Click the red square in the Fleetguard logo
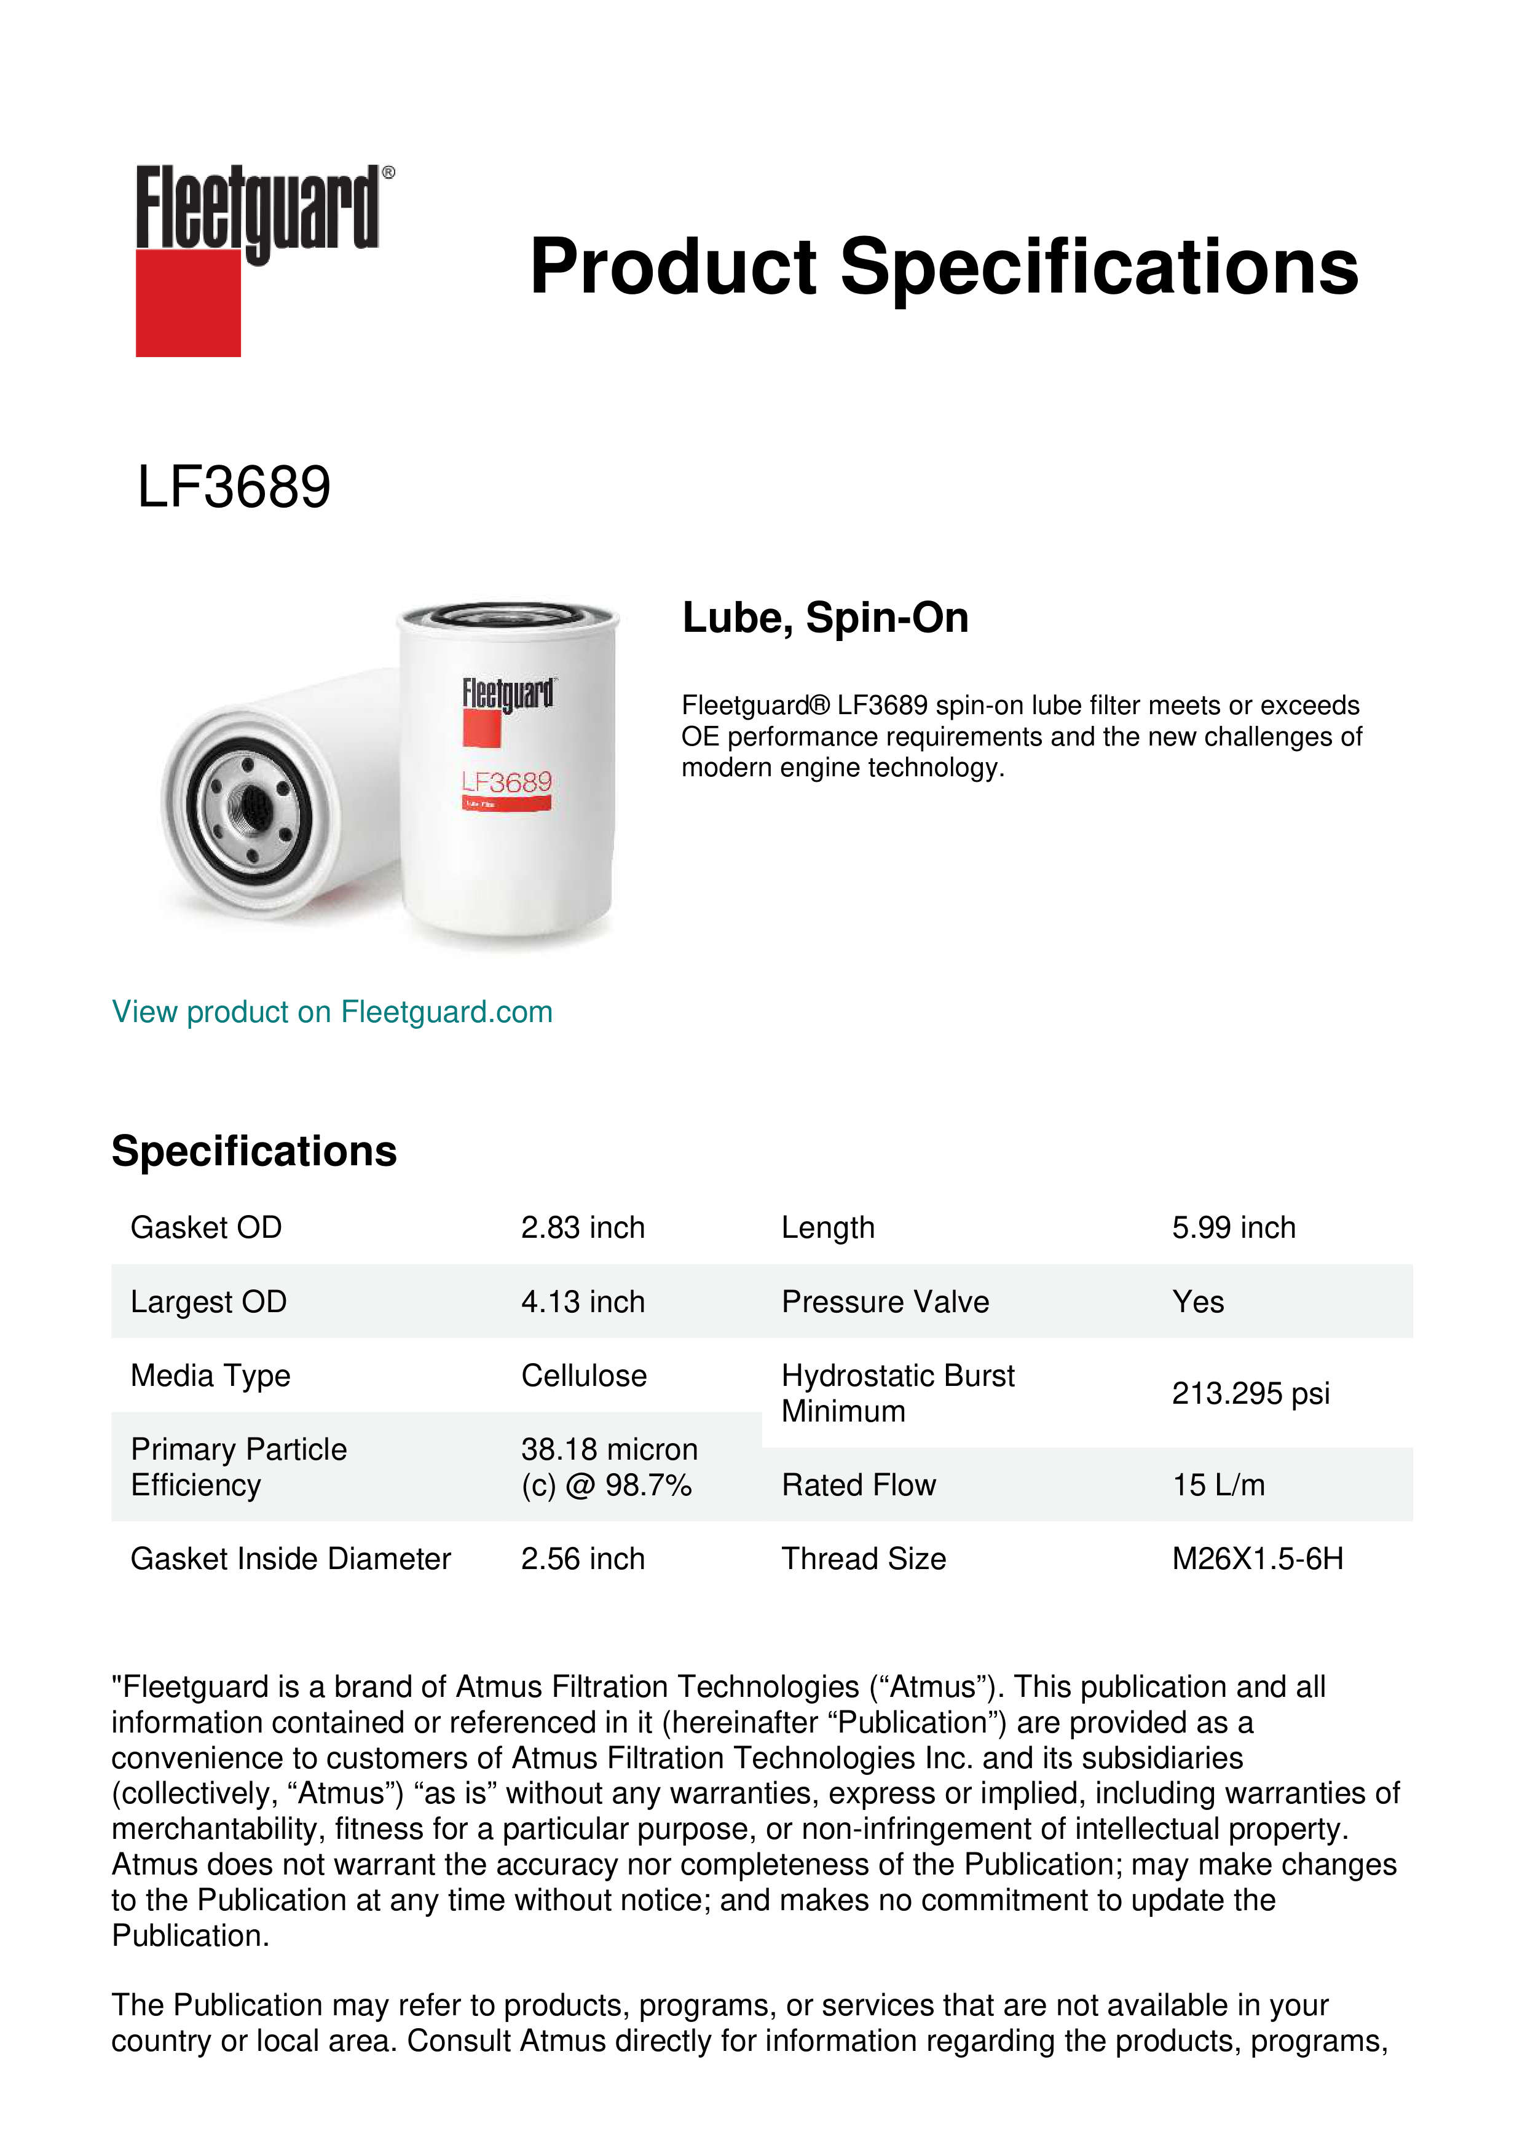coord(188,304)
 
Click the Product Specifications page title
coord(944,267)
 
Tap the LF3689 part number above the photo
coord(234,487)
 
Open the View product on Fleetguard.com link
coord(331,1012)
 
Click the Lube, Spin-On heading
coord(824,618)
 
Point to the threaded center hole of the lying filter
coord(251,803)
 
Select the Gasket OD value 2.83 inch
coord(582,1227)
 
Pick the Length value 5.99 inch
coord(1233,1227)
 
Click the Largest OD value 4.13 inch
coord(582,1302)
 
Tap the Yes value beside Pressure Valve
coord(1197,1302)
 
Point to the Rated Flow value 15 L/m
coord(1218,1485)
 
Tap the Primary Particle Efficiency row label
coord(238,1467)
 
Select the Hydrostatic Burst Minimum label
coord(897,1393)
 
